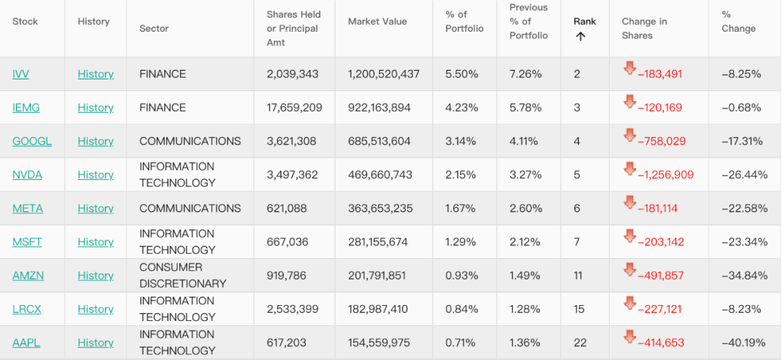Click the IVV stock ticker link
point(21,74)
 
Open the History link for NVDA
point(95,175)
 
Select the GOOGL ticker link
point(32,141)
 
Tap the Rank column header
point(584,21)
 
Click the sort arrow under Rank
point(580,36)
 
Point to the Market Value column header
point(377,22)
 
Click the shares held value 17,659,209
point(294,108)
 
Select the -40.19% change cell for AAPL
point(741,343)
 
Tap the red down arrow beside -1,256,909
point(630,169)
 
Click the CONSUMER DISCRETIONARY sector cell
point(183,275)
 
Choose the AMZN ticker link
point(27,275)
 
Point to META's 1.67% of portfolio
point(461,208)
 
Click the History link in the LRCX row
point(95,309)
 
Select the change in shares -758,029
point(661,142)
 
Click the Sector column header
point(154,28)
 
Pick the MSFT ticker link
point(27,242)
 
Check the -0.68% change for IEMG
point(741,108)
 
